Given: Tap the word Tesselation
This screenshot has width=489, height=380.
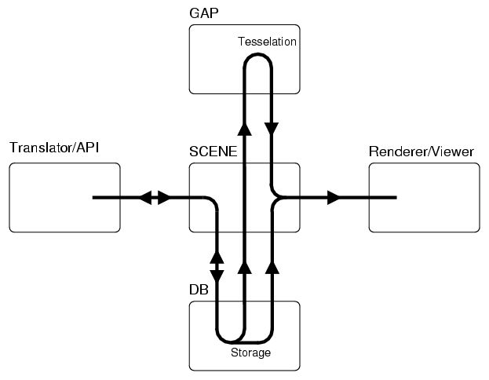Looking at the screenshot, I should tap(267, 42).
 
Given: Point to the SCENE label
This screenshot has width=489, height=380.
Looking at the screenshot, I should tap(213, 152).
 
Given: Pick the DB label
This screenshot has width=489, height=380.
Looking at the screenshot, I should tap(199, 290).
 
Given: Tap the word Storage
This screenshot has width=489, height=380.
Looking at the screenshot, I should tap(250, 353).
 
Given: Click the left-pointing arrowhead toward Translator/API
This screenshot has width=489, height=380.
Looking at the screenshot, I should tap(146, 197).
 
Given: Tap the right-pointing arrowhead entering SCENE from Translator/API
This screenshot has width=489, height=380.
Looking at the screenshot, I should tap(163, 197).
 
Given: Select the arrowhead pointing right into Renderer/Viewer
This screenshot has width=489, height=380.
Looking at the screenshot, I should tap(335, 197).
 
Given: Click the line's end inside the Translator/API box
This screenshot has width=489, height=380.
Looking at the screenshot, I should tap(93, 197).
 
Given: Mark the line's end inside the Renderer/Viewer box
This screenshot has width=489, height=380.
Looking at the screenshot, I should tap(396, 197).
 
